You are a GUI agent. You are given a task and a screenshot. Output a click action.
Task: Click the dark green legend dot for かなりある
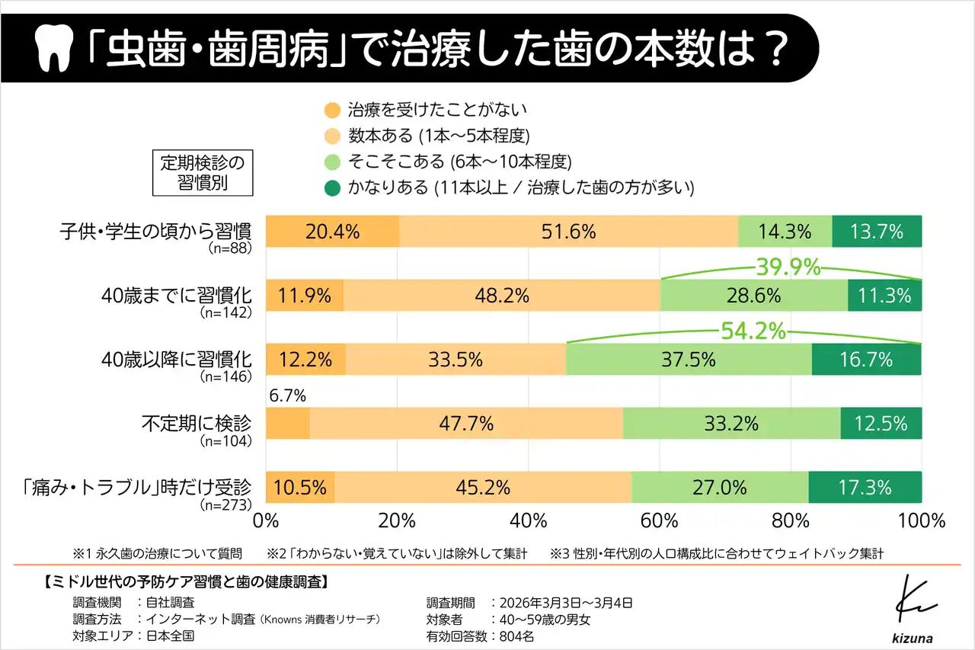point(331,188)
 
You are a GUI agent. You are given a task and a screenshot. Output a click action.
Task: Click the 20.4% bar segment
point(331,232)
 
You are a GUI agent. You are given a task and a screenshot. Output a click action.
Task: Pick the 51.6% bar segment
point(568,232)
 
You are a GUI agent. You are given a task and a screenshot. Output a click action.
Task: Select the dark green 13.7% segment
point(876,232)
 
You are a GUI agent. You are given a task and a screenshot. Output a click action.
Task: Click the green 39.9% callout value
point(788,267)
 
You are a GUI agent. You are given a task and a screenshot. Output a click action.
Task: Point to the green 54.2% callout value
point(753,331)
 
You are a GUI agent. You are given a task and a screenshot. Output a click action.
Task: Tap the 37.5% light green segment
point(689,359)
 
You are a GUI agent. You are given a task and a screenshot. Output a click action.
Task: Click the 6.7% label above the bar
point(288,395)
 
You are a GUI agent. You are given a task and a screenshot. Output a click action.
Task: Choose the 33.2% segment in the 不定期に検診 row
point(731,423)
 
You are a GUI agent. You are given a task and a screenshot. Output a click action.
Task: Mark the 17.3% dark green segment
point(865,487)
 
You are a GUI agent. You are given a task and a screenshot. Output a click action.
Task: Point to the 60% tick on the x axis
point(659,521)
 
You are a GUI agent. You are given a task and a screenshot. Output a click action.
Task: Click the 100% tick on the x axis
point(921,521)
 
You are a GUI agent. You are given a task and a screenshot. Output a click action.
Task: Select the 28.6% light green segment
point(753,296)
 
